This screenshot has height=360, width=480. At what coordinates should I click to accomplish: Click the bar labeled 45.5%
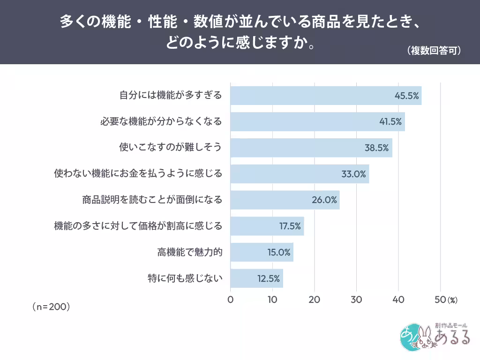[x=326, y=96]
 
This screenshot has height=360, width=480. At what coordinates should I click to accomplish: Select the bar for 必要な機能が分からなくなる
[x=318, y=121]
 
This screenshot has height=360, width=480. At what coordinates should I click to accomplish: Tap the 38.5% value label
[x=376, y=148]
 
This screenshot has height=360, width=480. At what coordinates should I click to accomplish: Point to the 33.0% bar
[x=300, y=174]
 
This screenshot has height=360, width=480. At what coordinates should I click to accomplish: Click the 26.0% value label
[x=324, y=200]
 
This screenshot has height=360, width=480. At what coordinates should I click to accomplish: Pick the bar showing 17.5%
[x=267, y=226]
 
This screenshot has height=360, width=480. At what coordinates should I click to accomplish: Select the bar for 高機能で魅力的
[x=262, y=252]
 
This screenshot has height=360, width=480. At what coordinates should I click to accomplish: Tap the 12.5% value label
[x=269, y=278]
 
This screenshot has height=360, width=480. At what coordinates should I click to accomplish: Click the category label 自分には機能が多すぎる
[x=171, y=95]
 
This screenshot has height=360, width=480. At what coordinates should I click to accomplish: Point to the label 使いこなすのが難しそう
[x=170, y=147]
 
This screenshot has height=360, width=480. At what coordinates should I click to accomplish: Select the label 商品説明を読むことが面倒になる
[x=152, y=200]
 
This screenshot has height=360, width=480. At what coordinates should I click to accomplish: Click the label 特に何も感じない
[x=185, y=278]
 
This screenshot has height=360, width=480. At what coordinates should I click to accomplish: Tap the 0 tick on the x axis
[x=231, y=300]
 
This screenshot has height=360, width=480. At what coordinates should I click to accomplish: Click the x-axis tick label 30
[x=356, y=300]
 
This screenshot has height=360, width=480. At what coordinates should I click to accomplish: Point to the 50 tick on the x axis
[x=440, y=300]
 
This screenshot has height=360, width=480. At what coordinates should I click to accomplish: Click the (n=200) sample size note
[x=51, y=307]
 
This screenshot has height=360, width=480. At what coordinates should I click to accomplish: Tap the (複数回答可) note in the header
[x=434, y=51]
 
